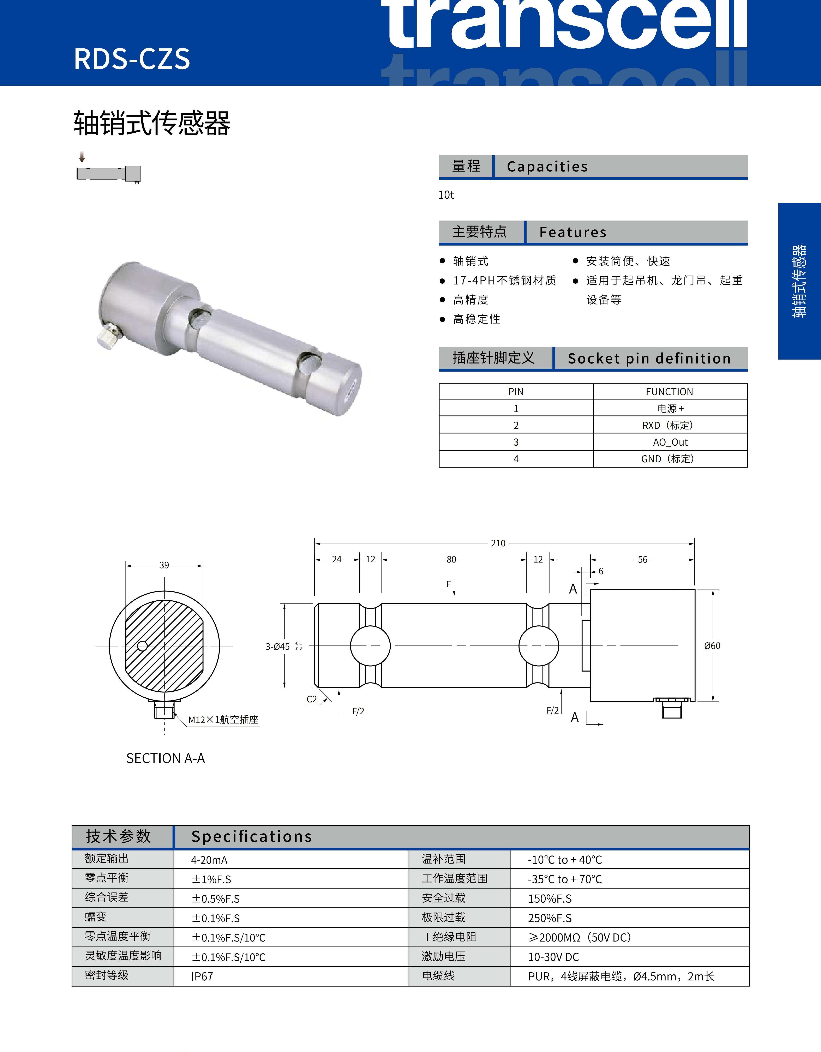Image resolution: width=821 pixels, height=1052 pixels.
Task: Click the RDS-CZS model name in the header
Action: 132,59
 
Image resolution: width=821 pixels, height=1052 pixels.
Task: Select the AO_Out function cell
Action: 670,442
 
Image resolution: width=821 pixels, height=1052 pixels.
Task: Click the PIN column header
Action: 516,392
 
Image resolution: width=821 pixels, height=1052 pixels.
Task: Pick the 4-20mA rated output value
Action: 209,860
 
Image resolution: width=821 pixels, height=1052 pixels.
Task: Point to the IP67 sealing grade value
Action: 202,976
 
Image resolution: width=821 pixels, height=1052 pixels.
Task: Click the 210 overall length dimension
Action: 498,543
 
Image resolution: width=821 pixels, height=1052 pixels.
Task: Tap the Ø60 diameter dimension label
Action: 712,646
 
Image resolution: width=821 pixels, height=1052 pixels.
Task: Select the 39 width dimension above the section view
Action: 164,565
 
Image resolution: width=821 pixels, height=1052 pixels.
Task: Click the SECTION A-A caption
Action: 166,759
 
